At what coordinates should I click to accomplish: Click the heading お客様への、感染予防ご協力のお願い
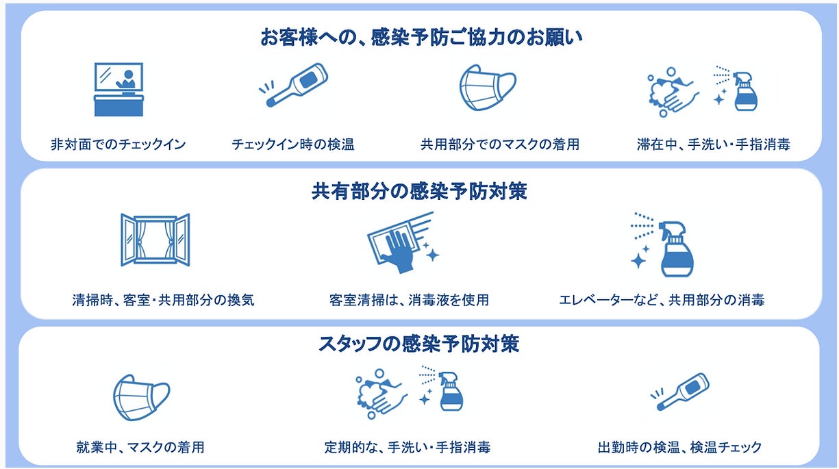pos(420,37)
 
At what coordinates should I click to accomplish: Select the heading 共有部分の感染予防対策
pos(419,192)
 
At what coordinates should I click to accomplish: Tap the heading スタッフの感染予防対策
pos(419,343)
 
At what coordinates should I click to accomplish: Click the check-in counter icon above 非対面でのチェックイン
pos(118,89)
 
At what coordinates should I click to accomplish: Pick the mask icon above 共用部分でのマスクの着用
pos(487,87)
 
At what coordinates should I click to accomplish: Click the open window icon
pos(155,239)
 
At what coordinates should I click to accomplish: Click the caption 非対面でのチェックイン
pos(118,144)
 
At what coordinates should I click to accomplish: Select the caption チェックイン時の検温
pos(292,144)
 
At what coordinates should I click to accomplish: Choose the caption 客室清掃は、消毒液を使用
pos(408,300)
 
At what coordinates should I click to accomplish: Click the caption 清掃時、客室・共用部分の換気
pos(163,300)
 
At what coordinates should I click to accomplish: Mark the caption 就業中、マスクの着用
pos(140,448)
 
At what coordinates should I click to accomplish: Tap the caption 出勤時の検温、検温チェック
pos(679,448)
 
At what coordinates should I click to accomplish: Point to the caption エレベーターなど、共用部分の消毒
pos(662,300)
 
